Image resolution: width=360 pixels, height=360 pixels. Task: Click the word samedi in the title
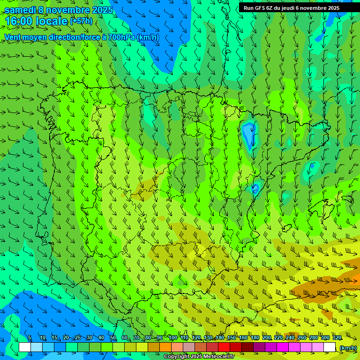(x=20, y=10)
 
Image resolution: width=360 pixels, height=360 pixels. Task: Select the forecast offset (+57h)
(x=81, y=21)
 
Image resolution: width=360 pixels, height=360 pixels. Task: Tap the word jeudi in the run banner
(x=287, y=7)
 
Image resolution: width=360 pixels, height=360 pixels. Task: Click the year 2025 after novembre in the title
(x=101, y=10)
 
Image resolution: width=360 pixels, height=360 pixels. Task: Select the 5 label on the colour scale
(x=30, y=338)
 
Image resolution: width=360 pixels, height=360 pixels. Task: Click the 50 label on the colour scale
(x=112, y=338)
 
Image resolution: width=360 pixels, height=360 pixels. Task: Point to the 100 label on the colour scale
(x=173, y=338)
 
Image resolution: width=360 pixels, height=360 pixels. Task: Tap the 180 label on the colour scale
(x=255, y=338)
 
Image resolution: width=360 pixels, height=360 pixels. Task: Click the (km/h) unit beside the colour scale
(x=348, y=348)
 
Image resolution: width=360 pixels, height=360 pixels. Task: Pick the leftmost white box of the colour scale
(x=25, y=347)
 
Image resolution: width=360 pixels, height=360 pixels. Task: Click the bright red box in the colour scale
(x=224, y=347)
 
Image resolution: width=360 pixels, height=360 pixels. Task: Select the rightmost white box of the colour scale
(x=330, y=347)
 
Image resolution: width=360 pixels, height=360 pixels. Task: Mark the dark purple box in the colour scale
(x=259, y=347)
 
